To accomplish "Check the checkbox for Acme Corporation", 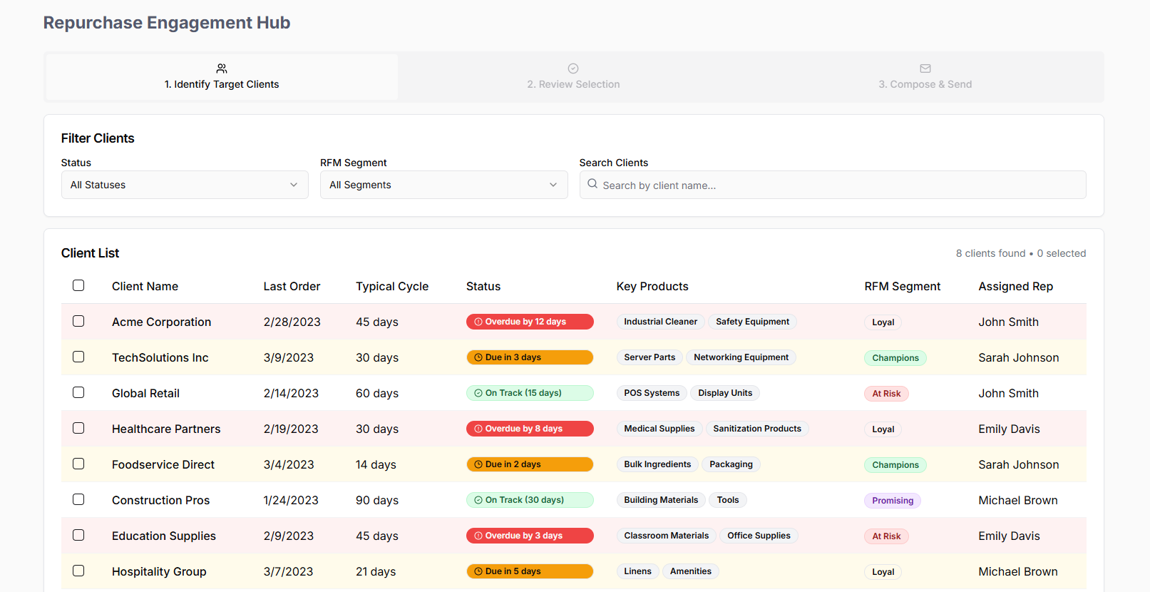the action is point(78,322).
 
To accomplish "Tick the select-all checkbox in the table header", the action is point(78,285).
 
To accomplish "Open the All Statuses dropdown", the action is point(185,185).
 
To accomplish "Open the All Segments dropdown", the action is point(444,185).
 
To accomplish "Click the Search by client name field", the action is point(833,185).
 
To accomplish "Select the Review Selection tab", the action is point(573,77).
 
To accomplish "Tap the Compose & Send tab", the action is point(925,77).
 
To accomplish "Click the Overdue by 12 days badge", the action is point(530,322).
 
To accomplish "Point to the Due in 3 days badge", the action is point(530,357).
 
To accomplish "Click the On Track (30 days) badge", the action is point(530,500).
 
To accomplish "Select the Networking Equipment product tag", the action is point(741,357).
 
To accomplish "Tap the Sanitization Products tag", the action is point(756,429).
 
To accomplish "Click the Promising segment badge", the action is point(893,501).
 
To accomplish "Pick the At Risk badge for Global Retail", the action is point(886,393).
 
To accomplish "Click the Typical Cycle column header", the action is point(392,286).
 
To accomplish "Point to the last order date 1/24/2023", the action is point(291,500).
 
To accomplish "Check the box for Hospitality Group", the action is point(78,571).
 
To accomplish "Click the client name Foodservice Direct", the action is point(163,464).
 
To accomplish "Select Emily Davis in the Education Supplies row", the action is point(1009,536).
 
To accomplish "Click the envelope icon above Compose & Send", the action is point(925,68).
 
